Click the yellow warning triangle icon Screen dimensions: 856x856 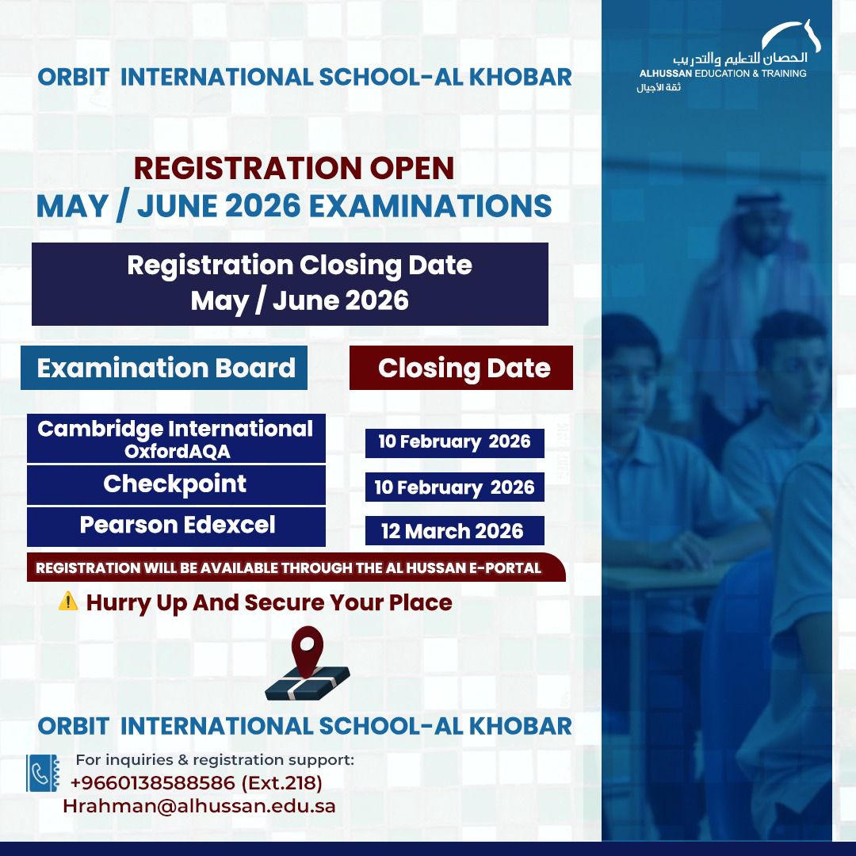click(68, 602)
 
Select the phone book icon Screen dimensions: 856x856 click(43, 773)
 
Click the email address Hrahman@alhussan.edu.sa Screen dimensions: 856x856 click(199, 806)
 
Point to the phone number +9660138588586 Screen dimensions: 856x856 click(152, 783)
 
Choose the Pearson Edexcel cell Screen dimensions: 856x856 click(177, 526)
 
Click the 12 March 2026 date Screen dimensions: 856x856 click(454, 530)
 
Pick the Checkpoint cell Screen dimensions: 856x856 click(176, 485)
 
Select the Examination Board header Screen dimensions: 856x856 click(165, 368)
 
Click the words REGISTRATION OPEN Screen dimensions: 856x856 click(294, 168)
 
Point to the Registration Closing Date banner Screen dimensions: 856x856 click(290, 283)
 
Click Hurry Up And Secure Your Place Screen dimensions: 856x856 click(269, 602)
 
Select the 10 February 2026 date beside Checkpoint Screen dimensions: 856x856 click(454, 487)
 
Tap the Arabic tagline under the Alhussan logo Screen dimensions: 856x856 click(659, 86)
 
